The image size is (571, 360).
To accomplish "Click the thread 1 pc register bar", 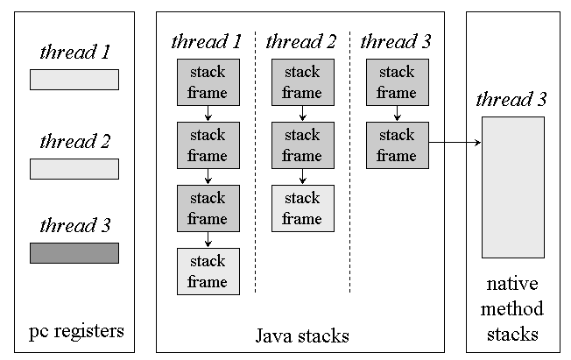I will point(74,80).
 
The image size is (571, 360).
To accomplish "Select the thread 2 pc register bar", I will point(74,169).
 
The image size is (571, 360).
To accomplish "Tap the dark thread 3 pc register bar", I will point(74,253).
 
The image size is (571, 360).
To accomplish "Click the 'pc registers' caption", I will point(76,331).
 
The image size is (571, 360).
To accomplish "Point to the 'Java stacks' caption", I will point(301,335).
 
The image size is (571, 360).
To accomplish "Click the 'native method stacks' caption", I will point(512,309).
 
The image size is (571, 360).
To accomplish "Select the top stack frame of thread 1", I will point(208,82).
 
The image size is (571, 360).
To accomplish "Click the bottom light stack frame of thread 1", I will point(208,272).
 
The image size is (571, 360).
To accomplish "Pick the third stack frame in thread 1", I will point(208,208).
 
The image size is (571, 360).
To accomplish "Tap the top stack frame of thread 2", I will point(302,82).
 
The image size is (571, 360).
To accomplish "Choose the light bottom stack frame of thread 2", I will point(302,208).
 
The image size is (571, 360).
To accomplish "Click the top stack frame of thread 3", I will point(397,82).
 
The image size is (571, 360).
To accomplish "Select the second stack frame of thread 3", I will point(397,145).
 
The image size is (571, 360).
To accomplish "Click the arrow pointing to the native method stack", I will point(455,141).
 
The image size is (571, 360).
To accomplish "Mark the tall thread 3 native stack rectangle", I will point(512,187).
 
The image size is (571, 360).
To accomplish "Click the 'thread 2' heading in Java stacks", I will point(300,41).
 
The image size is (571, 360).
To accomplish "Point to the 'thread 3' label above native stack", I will point(511,99).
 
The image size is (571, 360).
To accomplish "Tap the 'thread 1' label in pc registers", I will point(74,52).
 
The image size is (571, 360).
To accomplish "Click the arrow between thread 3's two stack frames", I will point(397,114).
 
